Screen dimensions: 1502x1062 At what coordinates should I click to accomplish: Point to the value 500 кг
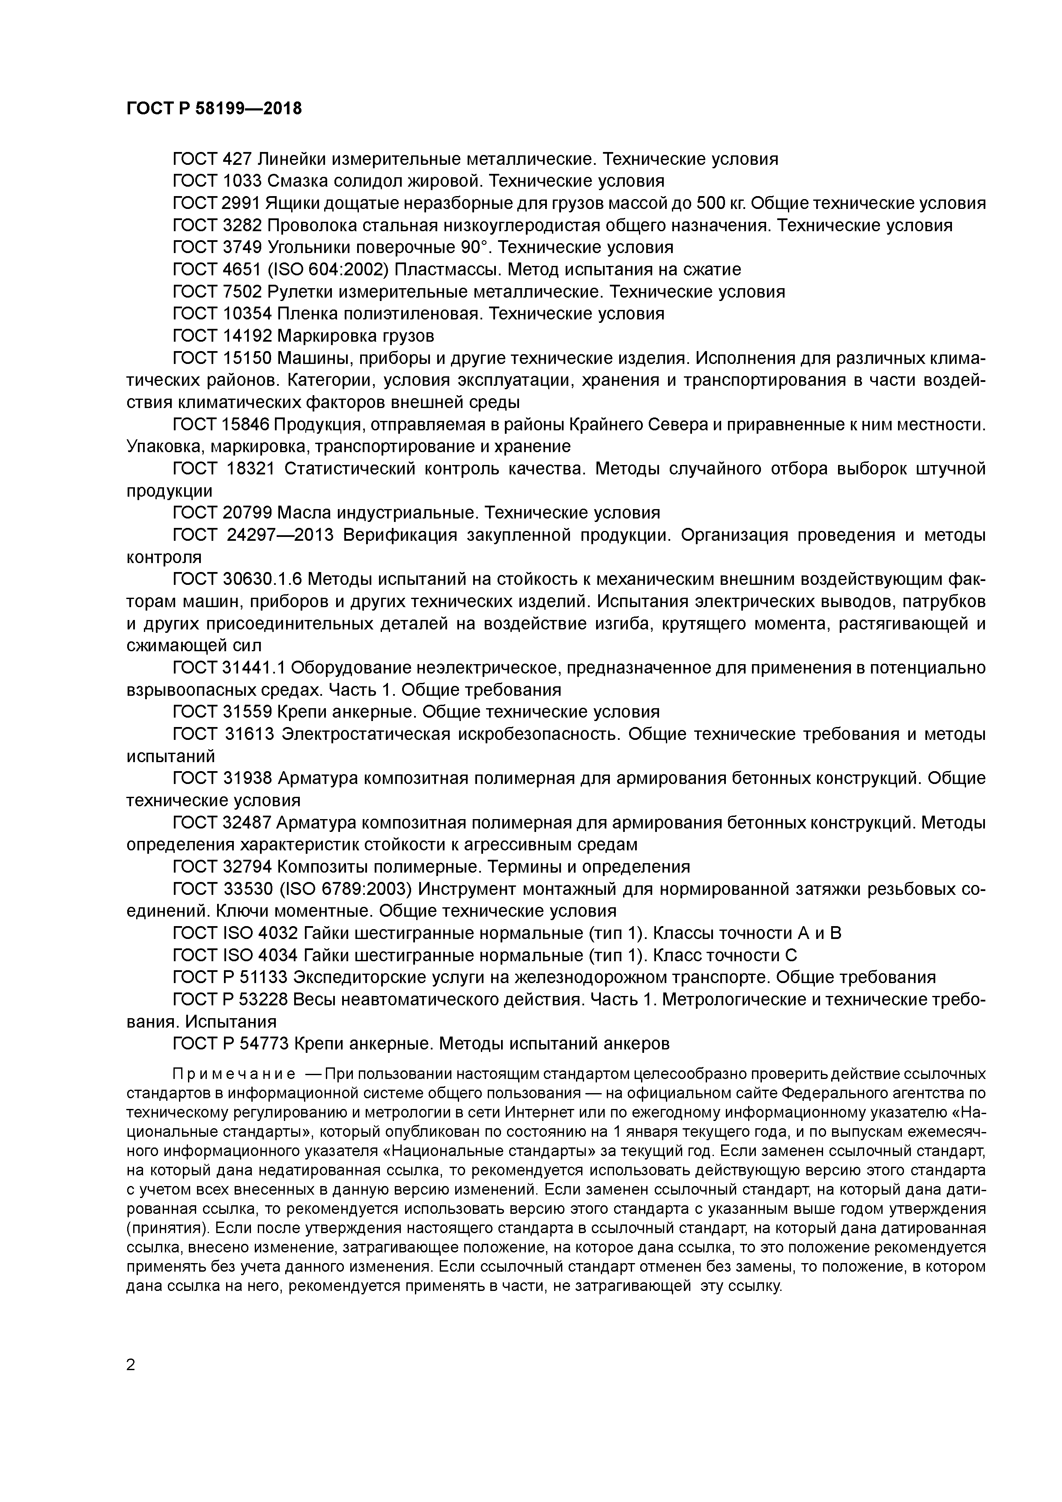(x=720, y=203)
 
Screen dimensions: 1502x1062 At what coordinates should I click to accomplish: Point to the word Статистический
(x=350, y=469)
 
